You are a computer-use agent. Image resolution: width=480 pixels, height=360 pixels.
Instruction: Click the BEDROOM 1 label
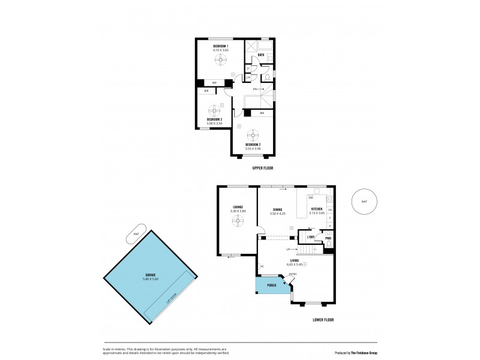point(220,46)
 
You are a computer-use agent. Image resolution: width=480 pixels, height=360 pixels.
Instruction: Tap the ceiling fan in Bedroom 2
point(253,134)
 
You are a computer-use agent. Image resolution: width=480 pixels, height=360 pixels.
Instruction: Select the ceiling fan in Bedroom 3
point(214,110)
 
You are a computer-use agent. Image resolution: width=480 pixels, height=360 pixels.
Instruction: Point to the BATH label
point(260,55)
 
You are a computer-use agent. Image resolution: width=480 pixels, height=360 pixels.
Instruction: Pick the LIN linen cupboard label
point(248,77)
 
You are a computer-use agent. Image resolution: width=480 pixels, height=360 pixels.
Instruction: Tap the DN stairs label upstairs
point(254,89)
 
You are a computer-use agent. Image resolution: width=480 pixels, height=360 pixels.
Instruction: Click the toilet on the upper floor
point(267,77)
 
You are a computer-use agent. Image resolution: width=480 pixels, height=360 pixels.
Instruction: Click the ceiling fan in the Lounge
point(238,221)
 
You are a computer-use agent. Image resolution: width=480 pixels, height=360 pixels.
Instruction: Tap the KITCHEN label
point(317,209)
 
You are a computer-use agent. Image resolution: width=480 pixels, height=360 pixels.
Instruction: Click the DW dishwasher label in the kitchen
point(311,197)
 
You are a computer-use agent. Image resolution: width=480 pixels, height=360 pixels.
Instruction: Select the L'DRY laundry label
point(311,237)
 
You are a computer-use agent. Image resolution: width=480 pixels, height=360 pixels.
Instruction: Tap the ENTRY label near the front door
point(293,274)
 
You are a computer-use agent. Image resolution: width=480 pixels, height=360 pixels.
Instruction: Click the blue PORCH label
point(271,285)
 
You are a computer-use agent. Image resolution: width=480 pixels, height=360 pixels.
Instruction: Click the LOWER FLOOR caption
point(324,320)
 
